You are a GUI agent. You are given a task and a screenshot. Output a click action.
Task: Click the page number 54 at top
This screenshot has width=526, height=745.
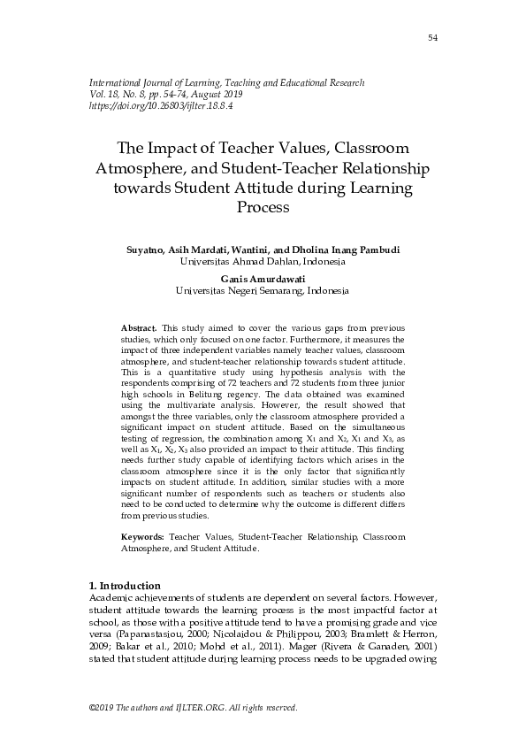point(432,38)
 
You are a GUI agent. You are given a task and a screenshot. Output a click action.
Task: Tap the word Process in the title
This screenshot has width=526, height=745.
point(263,208)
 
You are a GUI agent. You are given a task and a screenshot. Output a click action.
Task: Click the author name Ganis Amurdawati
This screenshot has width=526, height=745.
point(263,277)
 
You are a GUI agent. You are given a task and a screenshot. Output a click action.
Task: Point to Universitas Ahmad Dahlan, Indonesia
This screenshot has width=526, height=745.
point(263,262)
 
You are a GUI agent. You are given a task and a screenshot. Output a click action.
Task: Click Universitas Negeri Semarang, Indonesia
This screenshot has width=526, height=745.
point(263,289)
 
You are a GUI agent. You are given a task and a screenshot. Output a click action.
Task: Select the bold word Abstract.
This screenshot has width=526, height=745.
point(137,327)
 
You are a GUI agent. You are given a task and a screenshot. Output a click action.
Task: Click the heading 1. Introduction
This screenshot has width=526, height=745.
point(125,586)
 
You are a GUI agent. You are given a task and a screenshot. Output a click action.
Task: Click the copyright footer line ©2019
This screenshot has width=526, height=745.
point(194,708)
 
